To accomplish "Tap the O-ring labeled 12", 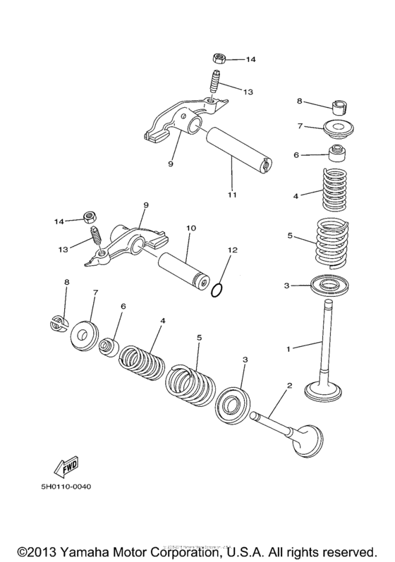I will click(219, 291).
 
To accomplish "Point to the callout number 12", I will click(232, 250).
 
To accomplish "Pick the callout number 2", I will click(288, 385).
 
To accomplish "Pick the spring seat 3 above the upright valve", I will click(332, 287).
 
